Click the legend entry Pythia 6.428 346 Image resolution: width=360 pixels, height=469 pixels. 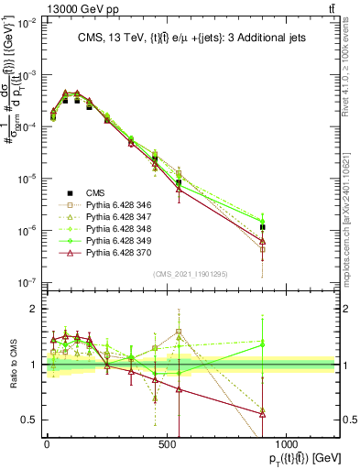[120, 204]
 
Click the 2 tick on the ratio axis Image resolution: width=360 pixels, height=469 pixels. [35, 309]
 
